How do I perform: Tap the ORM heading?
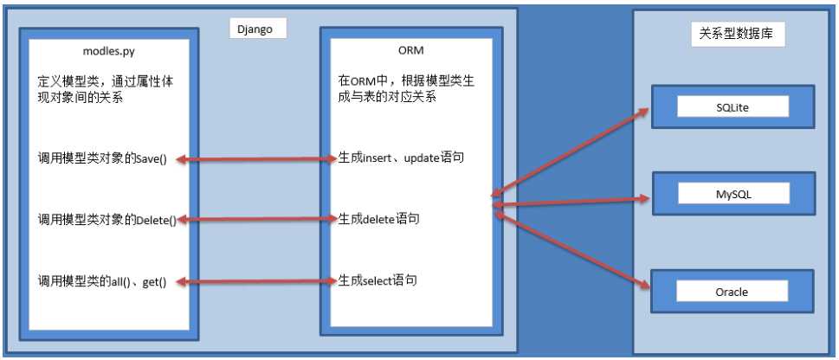pyautogui.click(x=411, y=50)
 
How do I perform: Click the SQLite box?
pyautogui.click(x=733, y=106)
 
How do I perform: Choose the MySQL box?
pyautogui.click(x=733, y=194)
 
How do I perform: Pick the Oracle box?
pyautogui.click(x=732, y=291)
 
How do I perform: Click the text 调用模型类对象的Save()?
pyautogui.click(x=103, y=159)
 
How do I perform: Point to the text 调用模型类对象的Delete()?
pyautogui.click(x=107, y=219)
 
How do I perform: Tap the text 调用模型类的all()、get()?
pyautogui.click(x=102, y=281)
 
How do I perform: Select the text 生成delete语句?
pyautogui.click(x=378, y=218)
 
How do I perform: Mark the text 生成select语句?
pyautogui.click(x=378, y=280)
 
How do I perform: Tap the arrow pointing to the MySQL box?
pyautogui.click(x=571, y=202)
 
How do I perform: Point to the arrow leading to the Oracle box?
pyautogui.click(x=572, y=250)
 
